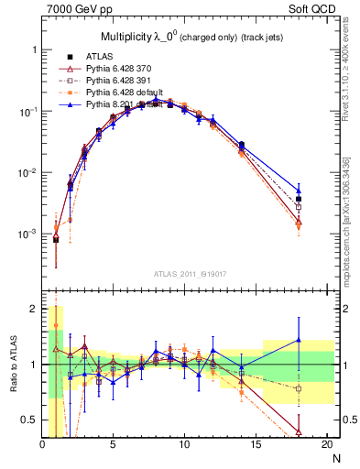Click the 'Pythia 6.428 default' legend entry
[x=127, y=93]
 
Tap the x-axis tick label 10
[x=184, y=445]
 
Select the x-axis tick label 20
[x=326, y=445]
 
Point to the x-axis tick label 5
[x=114, y=445]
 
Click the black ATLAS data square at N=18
[x=299, y=199]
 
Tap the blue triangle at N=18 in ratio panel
[x=299, y=341]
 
